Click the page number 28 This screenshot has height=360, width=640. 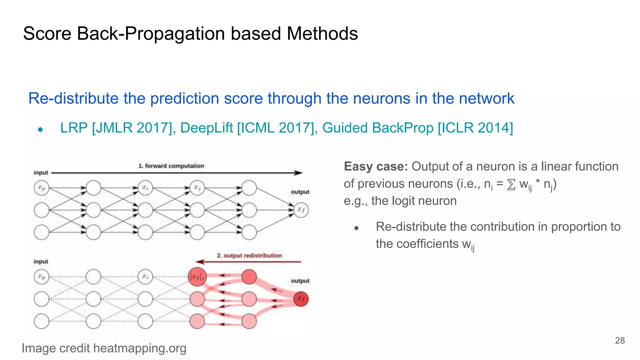(x=620, y=340)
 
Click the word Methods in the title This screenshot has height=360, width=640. (x=322, y=33)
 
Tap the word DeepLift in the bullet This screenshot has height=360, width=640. (x=207, y=128)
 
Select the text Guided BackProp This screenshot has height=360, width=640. (x=378, y=128)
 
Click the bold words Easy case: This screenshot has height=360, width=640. (x=376, y=167)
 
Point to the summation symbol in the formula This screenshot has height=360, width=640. (x=511, y=184)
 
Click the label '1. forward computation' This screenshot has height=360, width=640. (x=171, y=166)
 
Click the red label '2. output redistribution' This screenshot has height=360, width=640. (x=249, y=255)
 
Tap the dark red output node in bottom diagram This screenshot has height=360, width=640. (x=301, y=299)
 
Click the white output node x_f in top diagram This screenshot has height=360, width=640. (x=301, y=210)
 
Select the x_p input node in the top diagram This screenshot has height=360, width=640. (x=42, y=188)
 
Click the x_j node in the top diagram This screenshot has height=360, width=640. (x=197, y=188)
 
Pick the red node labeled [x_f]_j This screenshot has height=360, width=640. (x=197, y=277)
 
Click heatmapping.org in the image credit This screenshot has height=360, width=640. (x=140, y=348)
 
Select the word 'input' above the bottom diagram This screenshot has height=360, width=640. (x=41, y=261)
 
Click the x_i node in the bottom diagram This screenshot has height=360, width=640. (x=145, y=277)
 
